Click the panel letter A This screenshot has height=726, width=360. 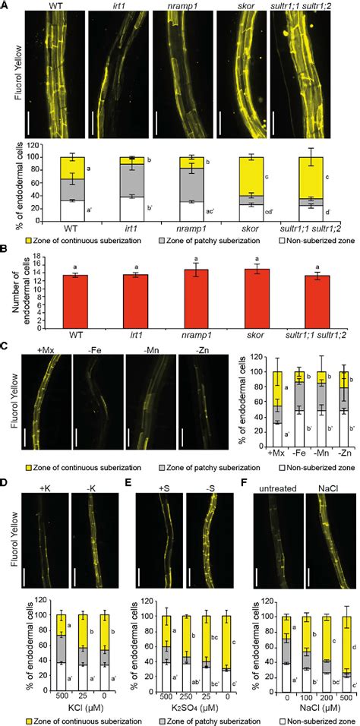pos(5,6)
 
